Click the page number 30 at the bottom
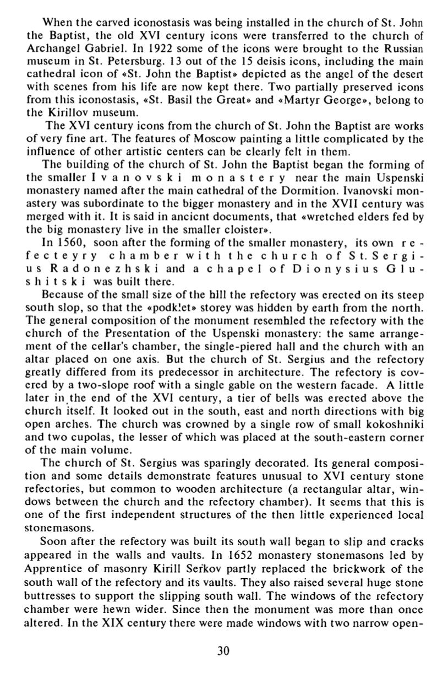[x=223, y=651]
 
